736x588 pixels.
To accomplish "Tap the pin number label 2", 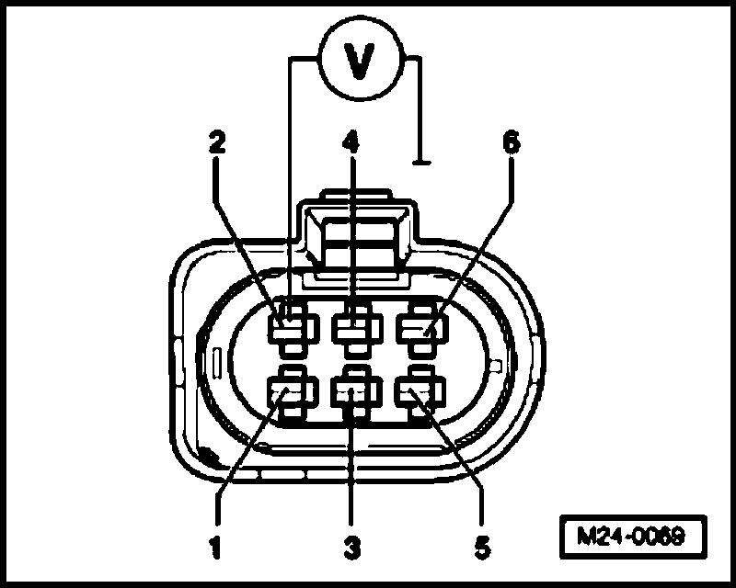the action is tap(216, 142).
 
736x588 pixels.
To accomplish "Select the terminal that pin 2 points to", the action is tap(291, 326).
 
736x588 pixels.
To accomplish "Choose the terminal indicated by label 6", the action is tap(419, 326).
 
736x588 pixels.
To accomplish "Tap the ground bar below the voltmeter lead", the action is tap(422, 164).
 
